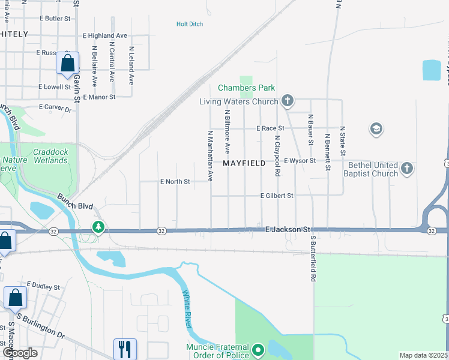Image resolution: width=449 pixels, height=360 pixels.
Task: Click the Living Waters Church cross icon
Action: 288,100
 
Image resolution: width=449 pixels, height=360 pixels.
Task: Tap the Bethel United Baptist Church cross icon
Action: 407,169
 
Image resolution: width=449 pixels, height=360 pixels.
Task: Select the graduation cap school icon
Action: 378,128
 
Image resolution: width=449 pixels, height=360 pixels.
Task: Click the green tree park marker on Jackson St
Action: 98,227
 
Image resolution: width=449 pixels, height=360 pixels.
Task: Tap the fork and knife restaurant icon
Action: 125,347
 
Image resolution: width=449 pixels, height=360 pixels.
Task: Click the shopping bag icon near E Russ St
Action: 68,62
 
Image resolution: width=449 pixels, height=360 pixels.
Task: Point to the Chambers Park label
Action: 246,88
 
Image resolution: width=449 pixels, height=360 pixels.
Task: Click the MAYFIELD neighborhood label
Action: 244,163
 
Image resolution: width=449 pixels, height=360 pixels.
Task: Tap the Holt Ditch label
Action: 190,24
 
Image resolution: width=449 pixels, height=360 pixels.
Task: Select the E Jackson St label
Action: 288,229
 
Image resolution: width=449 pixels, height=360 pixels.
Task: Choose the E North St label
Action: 175,181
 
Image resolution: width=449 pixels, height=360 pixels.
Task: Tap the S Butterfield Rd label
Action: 313,259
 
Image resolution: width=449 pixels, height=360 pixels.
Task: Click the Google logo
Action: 20,353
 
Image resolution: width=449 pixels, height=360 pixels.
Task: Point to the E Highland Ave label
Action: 105,36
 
